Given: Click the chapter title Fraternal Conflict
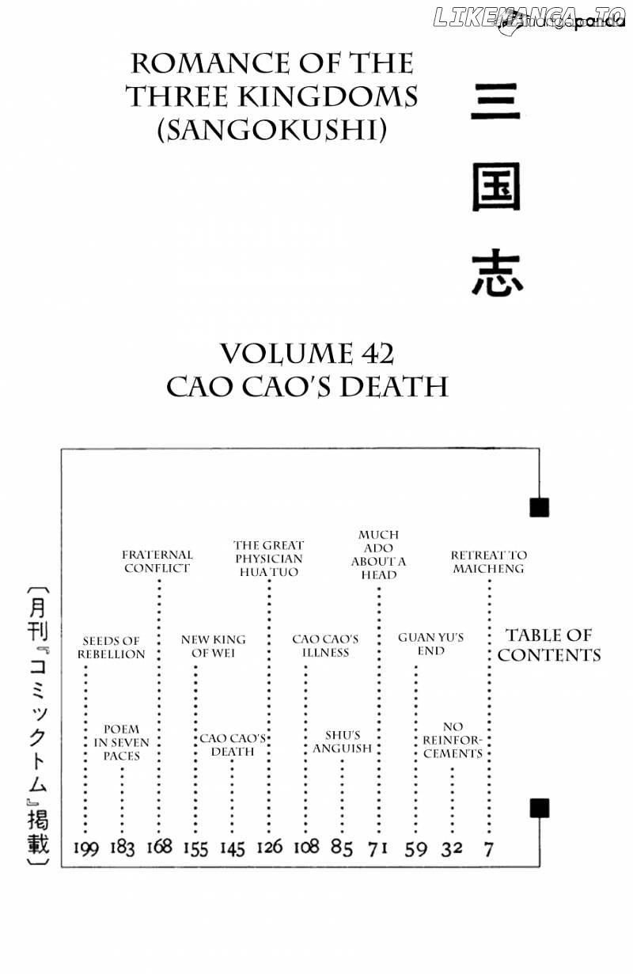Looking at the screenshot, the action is coord(157,561).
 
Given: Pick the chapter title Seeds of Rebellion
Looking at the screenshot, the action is coord(112,647).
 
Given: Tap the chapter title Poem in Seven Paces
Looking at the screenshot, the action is coord(121,742).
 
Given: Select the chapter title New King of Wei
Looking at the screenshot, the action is coord(213,646).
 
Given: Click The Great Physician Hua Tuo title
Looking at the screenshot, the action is coord(269,559).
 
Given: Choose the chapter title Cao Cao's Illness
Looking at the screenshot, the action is coord(325,646).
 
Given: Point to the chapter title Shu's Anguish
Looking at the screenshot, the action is coord(343,742).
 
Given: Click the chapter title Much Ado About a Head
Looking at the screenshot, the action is coord(378,555).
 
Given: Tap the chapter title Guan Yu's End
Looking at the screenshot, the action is coord(431,644).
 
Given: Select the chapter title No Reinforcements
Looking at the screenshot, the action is coord(453,740).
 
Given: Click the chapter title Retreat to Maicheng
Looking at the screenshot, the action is coord(489,562).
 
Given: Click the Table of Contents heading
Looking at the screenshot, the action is coord(549,646).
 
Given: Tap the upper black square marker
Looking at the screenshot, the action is coord(539,507).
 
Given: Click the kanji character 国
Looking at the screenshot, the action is coord(496,188).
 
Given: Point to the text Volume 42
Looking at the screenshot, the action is coord(307,354).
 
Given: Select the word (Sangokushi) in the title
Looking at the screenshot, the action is coord(271,130).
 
